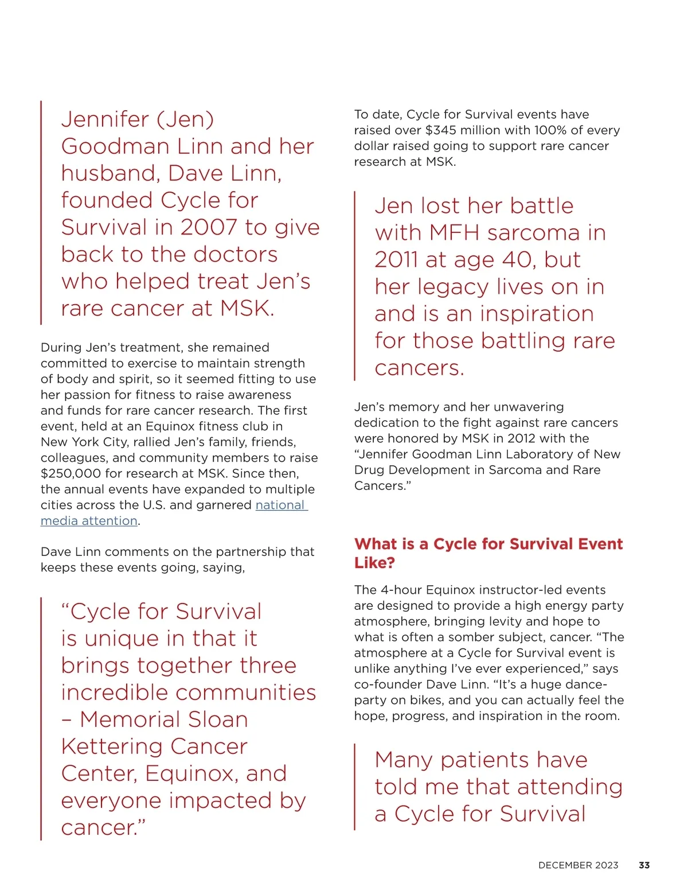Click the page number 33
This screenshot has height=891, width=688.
click(x=644, y=865)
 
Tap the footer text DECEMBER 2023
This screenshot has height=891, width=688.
click(x=578, y=865)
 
